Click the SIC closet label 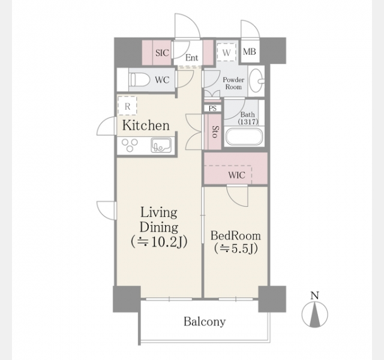click(x=162, y=53)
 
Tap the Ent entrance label click(x=191, y=58)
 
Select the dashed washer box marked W click(x=227, y=52)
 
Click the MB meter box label click(x=250, y=52)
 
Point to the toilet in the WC click(x=140, y=80)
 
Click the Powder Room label click(x=233, y=83)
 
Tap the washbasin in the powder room click(x=257, y=80)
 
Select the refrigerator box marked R click(x=127, y=106)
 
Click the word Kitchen click(x=146, y=125)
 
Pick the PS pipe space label click(x=212, y=109)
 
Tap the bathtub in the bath click(x=244, y=137)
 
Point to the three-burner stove click(x=130, y=145)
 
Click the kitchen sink click(x=161, y=145)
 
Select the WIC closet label click(x=236, y=175)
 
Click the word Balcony click(x=205, y=322)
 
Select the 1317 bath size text click(x=248, y=122)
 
